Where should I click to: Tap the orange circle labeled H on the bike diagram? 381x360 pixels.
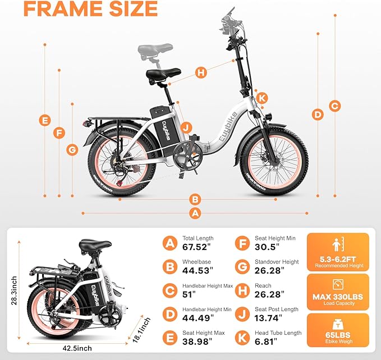point(201,72)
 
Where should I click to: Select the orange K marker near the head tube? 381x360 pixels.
point(262,98)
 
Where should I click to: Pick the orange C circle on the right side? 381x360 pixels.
point(334,105)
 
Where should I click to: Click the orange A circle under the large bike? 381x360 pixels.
point(195,213)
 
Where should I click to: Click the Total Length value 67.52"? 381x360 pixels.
point(195,247)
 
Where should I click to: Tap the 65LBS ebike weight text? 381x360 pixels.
point(338,334)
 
